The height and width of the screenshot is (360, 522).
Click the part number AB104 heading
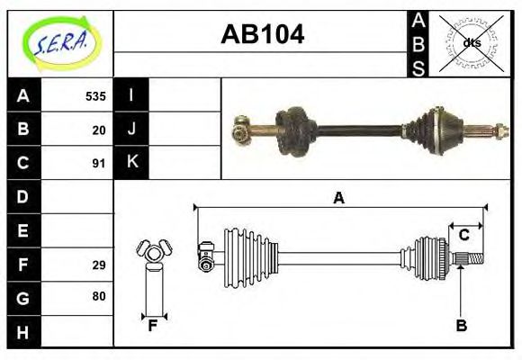[x=263, y=34]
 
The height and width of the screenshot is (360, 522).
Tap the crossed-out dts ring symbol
[x=471, y=42]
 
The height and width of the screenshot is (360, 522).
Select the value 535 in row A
[x=95, y=96]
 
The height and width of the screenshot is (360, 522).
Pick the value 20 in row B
[x=99, y=130]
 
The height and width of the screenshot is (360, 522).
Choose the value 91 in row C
[x=99, y=164]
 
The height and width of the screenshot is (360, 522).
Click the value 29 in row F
[x=99, y=265]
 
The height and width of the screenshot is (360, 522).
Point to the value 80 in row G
[x=99, y=296]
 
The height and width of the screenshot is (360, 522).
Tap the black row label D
[x=23, y=196]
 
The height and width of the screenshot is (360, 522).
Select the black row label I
[x=131, y=95]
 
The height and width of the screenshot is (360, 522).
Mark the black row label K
[x=131, y=163]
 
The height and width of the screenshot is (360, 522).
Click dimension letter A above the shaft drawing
[x=339, y=198]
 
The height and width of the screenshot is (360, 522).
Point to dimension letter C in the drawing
[x=463, y=235]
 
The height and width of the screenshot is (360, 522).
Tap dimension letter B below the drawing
[x=461, y=326]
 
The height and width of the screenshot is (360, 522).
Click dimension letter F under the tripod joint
[x=153, y=325]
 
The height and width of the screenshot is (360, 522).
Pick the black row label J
[x=131, y=130]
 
